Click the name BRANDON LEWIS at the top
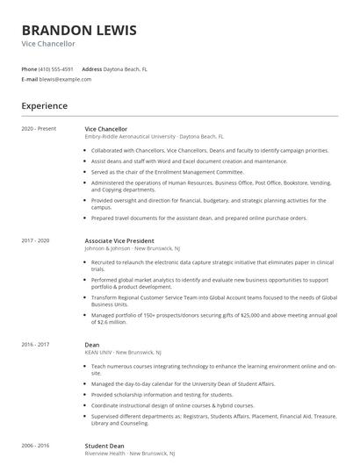click(79, 30)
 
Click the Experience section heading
click(45, 106)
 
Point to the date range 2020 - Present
click(40, 129)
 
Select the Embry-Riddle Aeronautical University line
click(154, 137)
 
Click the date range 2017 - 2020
click(36, 240)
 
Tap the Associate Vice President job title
click(119, 240)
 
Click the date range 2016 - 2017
click(36, 345)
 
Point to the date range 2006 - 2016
click(36, 446)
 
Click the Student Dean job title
click(104, 446)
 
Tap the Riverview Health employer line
click(130, 454)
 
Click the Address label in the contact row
click(91, 68)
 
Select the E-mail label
click(29, 79)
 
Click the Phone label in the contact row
click(29, 68)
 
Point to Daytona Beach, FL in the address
click(126, 68)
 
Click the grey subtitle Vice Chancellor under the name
click(48, 43)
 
